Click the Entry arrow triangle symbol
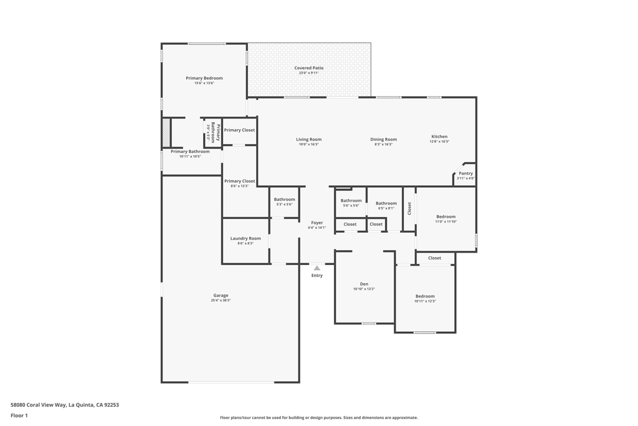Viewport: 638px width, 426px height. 317,268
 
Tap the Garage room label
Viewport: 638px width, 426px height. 221,296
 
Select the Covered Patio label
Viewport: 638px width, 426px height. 308,68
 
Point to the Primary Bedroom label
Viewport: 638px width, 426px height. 204,78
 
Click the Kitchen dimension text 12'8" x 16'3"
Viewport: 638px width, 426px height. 439,142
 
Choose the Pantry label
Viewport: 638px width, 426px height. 465,173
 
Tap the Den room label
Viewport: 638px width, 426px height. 364,284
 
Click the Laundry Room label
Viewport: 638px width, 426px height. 245,238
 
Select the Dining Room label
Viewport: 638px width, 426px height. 383,140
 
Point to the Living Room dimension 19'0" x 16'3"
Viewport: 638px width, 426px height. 308,145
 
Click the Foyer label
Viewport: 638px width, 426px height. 317,223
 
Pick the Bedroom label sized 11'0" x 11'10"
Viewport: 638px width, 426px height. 445,216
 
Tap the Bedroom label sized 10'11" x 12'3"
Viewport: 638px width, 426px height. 425,296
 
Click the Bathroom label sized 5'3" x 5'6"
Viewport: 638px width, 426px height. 284,200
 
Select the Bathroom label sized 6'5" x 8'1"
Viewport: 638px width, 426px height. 386,203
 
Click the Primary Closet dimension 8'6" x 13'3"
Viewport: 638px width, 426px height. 239,186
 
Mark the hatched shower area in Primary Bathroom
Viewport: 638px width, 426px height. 166,133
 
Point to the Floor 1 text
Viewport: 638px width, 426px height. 19,415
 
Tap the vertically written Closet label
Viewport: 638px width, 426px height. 409,208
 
